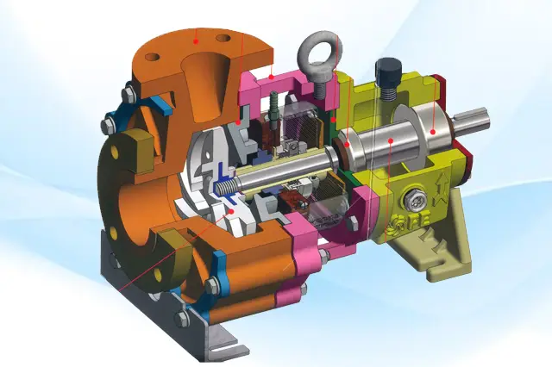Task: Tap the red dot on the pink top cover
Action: point(273,77)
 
